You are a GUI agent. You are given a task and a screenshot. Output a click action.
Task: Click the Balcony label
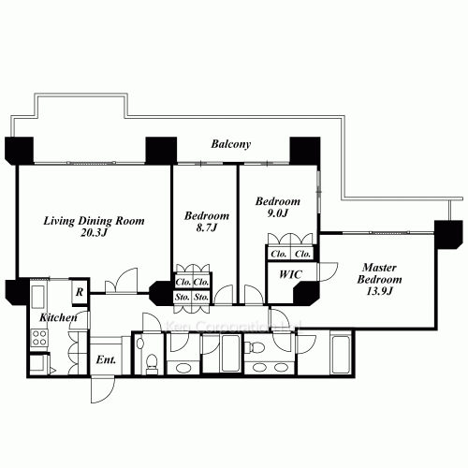tap(229, 145)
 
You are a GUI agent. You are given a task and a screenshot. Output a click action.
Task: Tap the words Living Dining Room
tap(95, 221)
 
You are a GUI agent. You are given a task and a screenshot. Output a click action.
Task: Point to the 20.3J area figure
tap(95, 234)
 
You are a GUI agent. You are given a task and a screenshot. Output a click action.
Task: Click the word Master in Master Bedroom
tap(381, 267)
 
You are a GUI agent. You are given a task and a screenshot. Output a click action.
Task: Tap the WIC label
tap(283, 274)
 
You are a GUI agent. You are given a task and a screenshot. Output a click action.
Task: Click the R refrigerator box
tap(80, 292)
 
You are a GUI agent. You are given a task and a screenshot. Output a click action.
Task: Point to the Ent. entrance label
tap(105, 358)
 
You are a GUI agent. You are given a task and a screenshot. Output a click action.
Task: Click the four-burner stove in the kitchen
tap(40, 339)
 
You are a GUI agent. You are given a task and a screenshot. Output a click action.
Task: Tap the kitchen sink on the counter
tap(38, 299)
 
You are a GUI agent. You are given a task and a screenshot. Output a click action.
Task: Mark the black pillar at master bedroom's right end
tap(448, 230)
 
